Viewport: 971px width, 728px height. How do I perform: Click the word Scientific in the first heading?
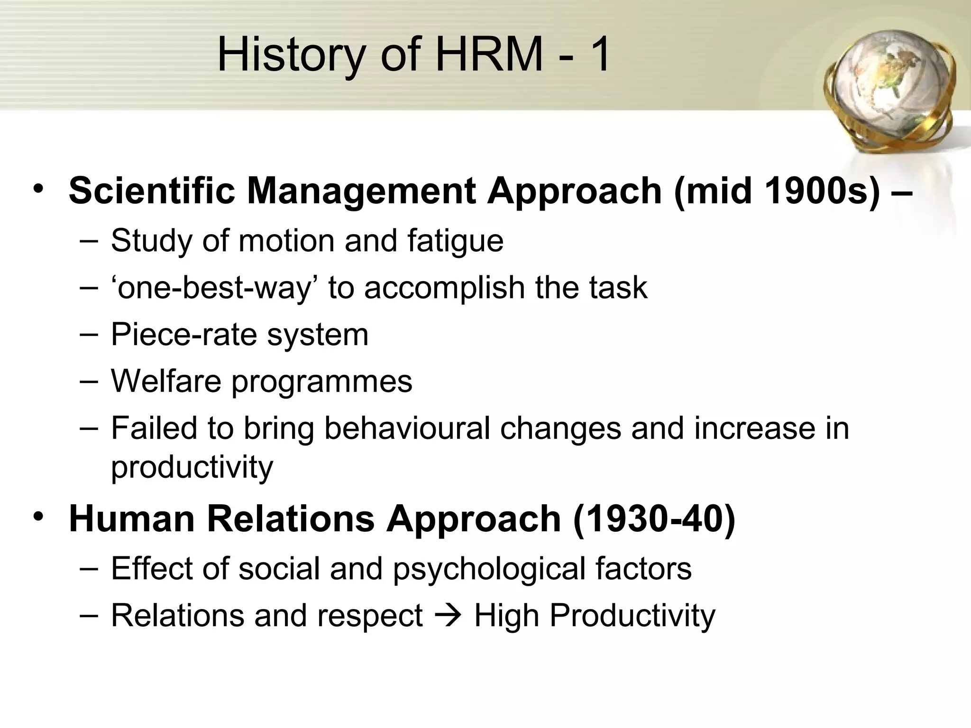click(x=152, y=191)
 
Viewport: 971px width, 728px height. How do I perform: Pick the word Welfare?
click(x=165, y=381)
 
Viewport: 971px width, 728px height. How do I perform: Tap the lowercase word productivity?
click(x=192, y=467)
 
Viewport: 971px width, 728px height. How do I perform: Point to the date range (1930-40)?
click(x=654, y=519)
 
